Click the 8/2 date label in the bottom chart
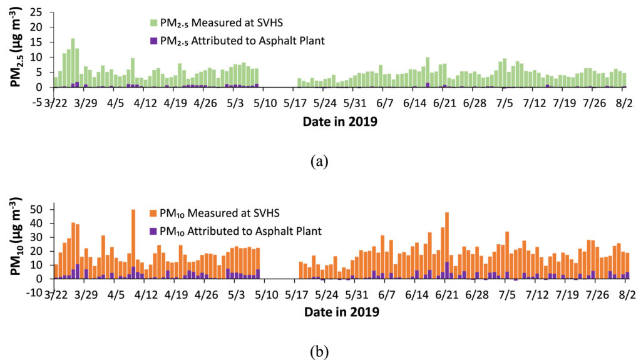click(622, 293)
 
